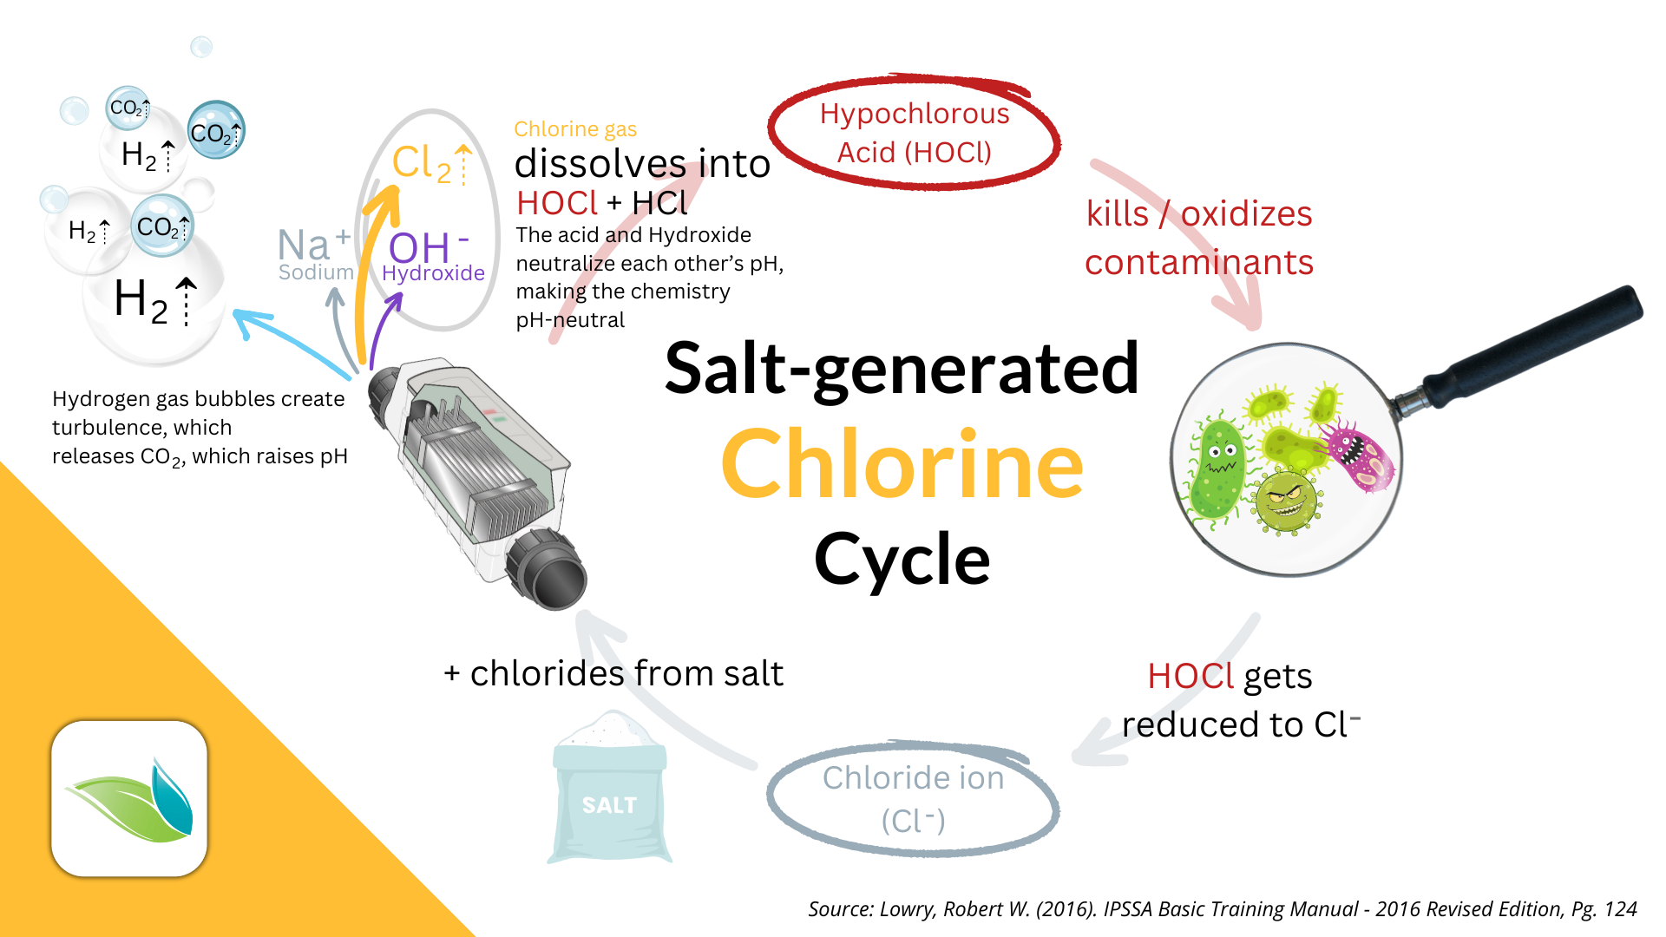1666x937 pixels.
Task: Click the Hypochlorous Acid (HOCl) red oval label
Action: point(914,132)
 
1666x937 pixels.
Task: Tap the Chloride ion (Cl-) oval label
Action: point(913,798)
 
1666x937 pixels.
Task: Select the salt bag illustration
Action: point(610,788)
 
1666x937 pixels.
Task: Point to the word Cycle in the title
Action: point(902,560)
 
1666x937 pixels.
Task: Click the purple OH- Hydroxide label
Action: point(433,257)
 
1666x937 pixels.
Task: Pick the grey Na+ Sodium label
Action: point(316,254)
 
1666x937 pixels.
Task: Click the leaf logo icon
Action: point(129,798)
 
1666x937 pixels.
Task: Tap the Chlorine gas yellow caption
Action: point(575,129)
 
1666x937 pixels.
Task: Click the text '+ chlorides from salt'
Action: point(613,673)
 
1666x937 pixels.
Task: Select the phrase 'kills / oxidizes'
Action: point(1199,213)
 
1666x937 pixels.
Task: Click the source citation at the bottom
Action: point(1222,908)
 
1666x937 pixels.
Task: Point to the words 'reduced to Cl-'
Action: point(1241,724)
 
